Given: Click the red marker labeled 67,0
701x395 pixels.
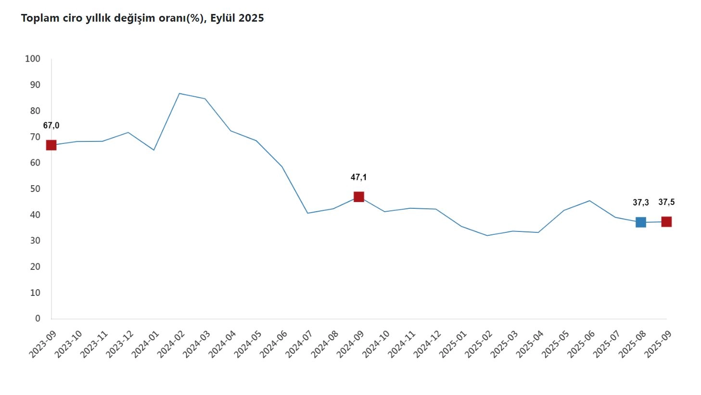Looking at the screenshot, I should tap(51, 145).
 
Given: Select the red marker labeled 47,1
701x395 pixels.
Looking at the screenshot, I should tap(358, 197).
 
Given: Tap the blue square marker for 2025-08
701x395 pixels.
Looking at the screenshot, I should tap(640, 222).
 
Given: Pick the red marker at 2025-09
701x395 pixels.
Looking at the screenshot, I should tap(666, 222).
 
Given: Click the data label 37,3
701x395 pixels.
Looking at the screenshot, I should tap(640, 203).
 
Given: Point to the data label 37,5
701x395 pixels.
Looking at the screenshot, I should tap(666, 202).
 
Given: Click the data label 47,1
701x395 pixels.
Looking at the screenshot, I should tap(358, 178).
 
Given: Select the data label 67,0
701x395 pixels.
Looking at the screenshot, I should tap(51, 126).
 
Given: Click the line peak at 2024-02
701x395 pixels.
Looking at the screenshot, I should tap(179, 93).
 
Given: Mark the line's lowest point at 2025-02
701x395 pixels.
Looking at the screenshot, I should tap(487, 235).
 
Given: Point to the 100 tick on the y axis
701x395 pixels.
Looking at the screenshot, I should tap(33, 59).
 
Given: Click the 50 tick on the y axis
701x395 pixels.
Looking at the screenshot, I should tap(35, 189).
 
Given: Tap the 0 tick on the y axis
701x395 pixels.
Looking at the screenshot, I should tap(38, 319).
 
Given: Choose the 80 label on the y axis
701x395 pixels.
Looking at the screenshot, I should tap(35, 111).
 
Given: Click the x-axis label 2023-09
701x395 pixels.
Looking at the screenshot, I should tap(43, 344).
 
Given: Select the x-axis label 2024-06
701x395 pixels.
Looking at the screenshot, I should tap(274, 344).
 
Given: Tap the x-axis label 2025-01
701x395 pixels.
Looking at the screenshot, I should tap(453, 344).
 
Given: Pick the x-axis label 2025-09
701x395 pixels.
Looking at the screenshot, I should tap(658, 344).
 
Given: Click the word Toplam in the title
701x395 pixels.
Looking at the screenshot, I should tap(40, 18).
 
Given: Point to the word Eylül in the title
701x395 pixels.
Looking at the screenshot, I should tap(223, 18).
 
